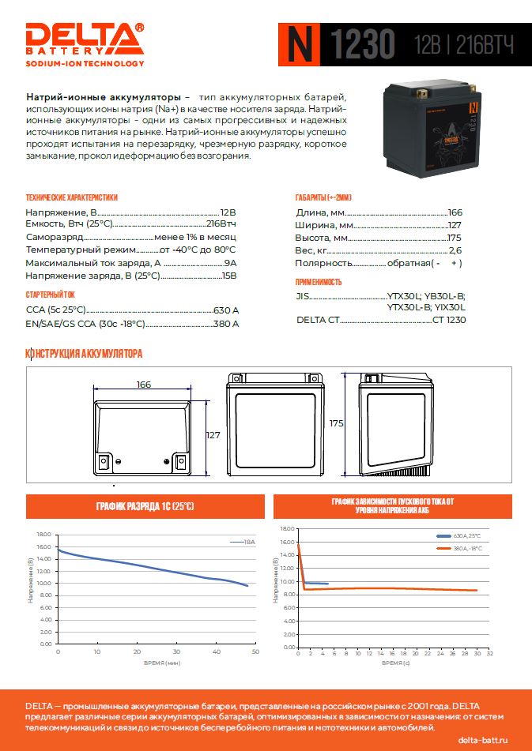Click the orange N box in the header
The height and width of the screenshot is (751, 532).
coord(298,45)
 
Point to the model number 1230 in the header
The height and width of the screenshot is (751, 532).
coord(362,46)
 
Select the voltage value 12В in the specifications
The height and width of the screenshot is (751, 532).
coord(228,213)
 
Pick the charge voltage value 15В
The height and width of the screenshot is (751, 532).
coord(228,276)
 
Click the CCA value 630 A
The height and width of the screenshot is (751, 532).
coord(225,310)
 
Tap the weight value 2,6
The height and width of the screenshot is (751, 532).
coord(455,250)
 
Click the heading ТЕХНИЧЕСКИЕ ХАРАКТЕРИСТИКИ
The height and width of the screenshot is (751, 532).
coord(71,197)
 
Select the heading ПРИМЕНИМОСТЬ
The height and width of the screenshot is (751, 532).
coord(319,282)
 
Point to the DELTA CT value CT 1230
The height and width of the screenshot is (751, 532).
coord(449,320)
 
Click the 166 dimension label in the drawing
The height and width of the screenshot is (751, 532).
coord(143,385)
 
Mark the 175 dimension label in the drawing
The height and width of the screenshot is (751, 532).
coord(336,423)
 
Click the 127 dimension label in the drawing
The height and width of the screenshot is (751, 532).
coord(213,435)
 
